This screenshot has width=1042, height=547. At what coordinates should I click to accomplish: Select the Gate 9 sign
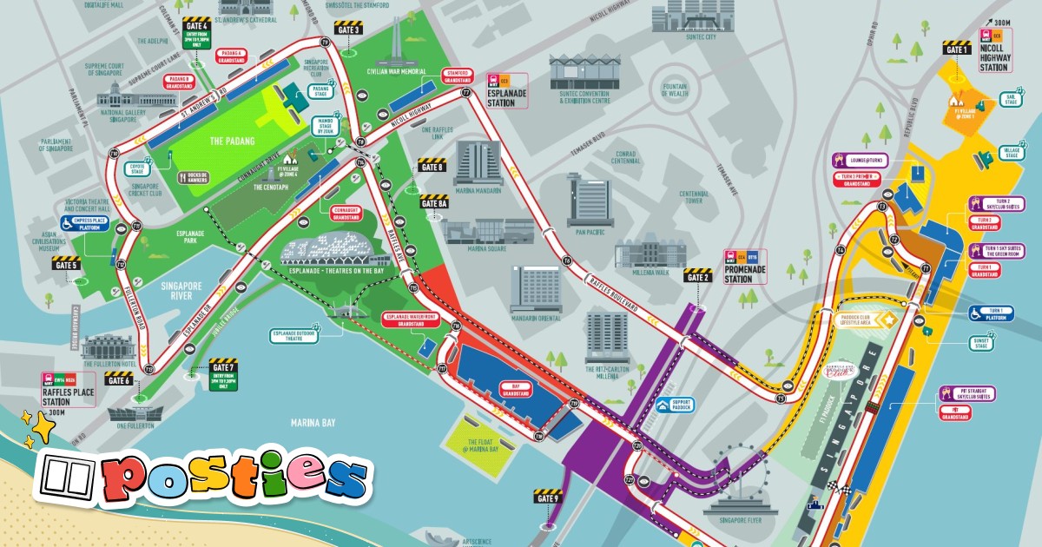548,498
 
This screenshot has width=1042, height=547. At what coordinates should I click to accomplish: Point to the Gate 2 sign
697,276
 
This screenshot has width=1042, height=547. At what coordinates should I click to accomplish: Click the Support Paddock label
680,405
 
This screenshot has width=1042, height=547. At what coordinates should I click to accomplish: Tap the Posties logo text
234,476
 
